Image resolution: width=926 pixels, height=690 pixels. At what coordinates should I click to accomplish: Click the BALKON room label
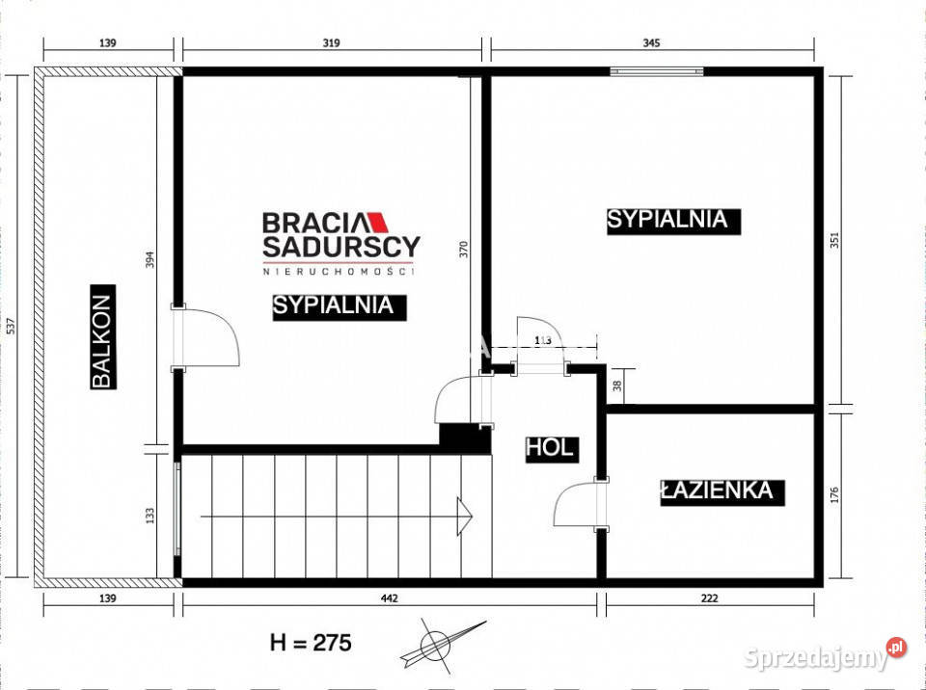click(x=103, y=336)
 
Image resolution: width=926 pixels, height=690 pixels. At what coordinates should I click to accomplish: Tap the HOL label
click(x=550, y=447)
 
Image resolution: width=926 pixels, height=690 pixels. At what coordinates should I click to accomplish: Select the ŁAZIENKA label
click(x=717, y=491)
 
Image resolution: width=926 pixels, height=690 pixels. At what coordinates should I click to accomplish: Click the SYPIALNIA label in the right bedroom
click(x=667, y=220)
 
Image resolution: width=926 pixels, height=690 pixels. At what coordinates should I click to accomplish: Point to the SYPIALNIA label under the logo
click(x=333, y=305)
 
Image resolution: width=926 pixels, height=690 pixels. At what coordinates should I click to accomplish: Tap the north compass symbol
click(x=439, y=642)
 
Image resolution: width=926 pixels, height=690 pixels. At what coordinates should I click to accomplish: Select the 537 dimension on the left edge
click(x=11, y=327)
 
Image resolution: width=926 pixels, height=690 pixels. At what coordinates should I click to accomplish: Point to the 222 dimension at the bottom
click(x=710, y=599)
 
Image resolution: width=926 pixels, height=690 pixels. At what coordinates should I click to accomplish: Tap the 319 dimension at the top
click(x=331, y=43)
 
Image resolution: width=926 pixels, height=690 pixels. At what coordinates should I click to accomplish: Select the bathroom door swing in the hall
click(x=577, y=503)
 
